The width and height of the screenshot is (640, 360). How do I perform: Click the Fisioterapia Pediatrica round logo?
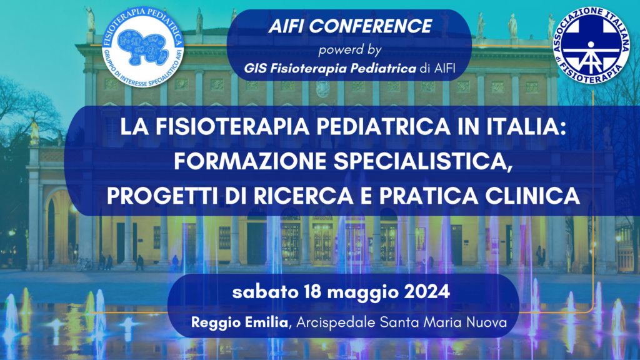point(142,49)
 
